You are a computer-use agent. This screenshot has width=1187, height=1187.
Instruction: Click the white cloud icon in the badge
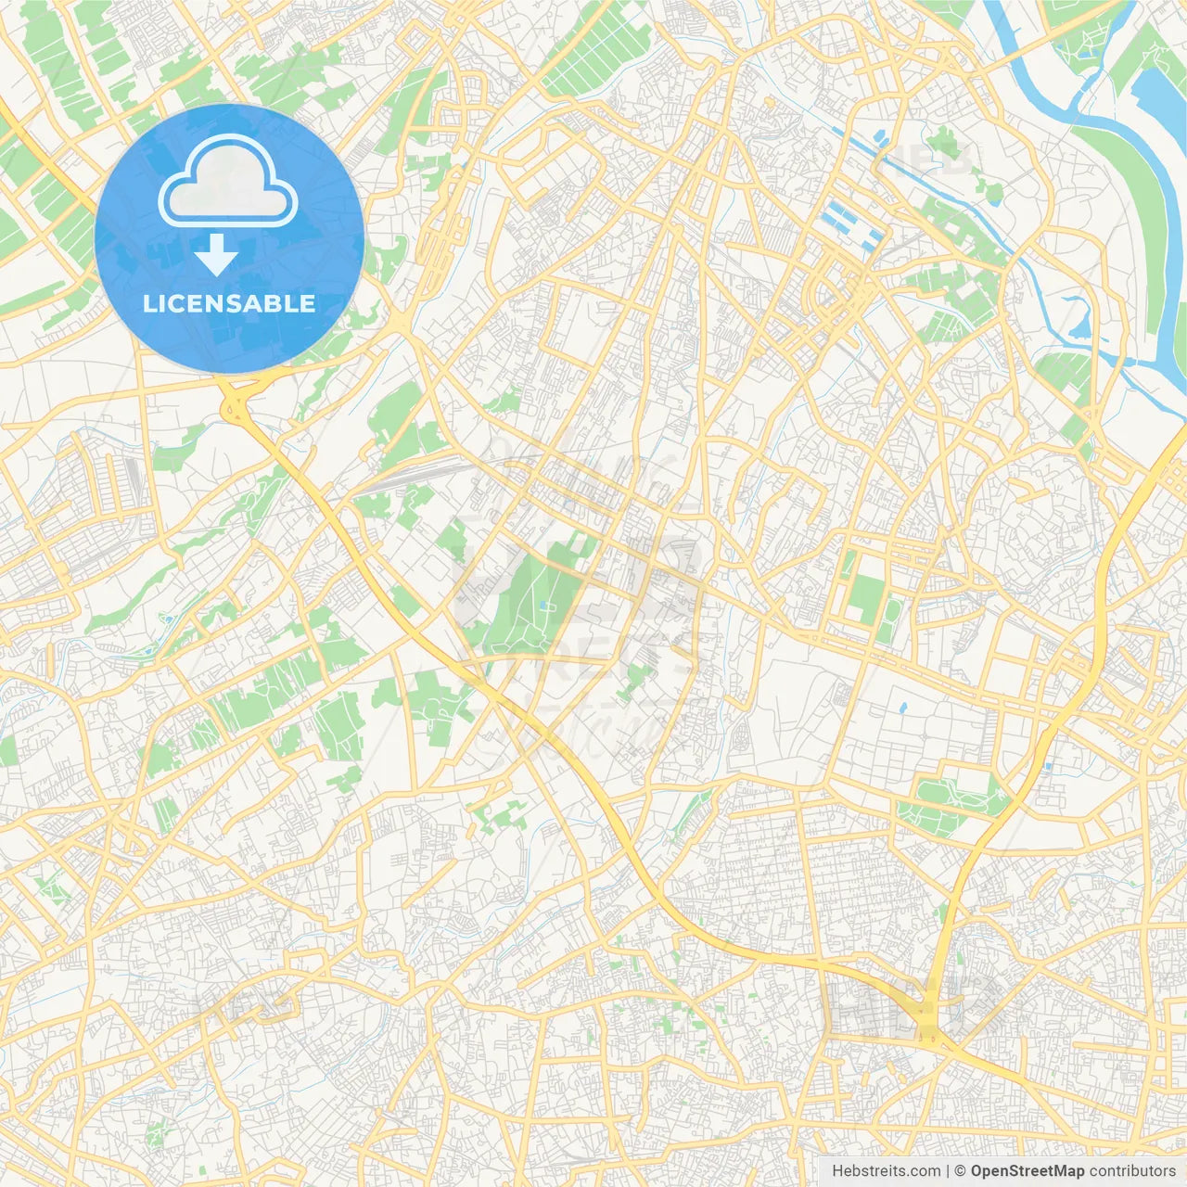pyautogui.click(x=228, y=181)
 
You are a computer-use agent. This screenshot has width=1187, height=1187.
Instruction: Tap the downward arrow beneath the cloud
pyautogui.click(x=216, y=256)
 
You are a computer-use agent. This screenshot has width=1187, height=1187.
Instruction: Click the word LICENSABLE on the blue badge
pyautogui.click(x=229, y=303)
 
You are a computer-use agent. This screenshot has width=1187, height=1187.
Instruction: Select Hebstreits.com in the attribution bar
pyautogui.click(x=886, y=1171)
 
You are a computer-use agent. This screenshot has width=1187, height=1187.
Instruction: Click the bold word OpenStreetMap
pyautogui.click(x=1027, y=1171)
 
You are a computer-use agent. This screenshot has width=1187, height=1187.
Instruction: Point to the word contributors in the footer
pyautogui.click(x=1131, y=1171)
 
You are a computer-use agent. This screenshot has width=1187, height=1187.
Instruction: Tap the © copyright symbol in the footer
pyautogui.click(x=960, y=1171)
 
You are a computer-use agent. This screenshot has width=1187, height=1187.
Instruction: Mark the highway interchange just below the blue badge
pyautogui.click(x=238, y=406)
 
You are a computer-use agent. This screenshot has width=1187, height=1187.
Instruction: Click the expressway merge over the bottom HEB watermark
pyautogui.click(x=927, y=1025)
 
